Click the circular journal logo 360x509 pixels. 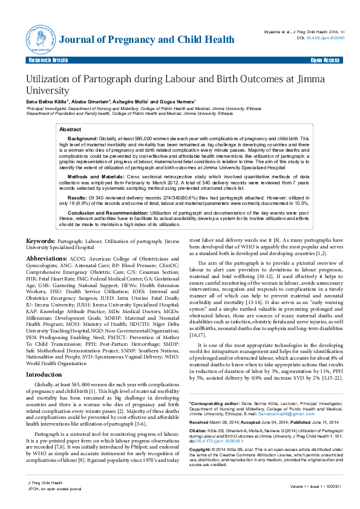(39, 40)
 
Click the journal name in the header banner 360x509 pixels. (146, 41)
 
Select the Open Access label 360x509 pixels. (325, 60)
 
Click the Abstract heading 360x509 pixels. (70, 129)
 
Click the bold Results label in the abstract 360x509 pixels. (77, 197)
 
